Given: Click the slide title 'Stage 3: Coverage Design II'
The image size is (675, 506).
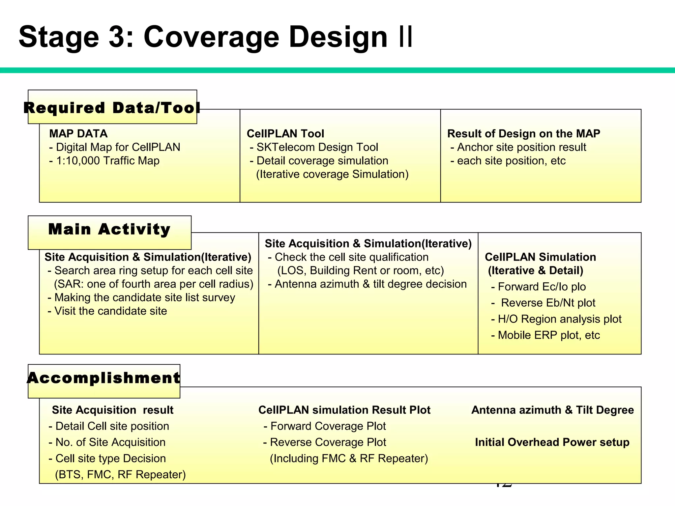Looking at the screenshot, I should [x=216, y=37].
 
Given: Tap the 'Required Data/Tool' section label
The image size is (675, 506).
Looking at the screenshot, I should [x=112, y=108].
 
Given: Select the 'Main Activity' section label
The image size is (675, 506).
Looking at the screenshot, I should [x=109, y=229].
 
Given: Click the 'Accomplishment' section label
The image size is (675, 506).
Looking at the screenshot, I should [x=104, y=378].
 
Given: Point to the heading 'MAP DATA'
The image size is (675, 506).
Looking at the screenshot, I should [x=78, y=133].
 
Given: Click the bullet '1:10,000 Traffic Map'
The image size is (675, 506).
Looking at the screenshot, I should [x=104, y=161].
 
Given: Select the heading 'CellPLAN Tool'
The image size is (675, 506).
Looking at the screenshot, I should [x=285, y=133].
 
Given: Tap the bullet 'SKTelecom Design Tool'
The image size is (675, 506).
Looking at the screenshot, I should [x=314, y=147].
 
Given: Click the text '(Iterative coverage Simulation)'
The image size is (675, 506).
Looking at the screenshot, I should [x=332, y=174].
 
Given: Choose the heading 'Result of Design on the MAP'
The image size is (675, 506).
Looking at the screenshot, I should [x=523, y=133].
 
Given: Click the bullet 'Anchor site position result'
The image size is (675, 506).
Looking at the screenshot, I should [x=518, y=147].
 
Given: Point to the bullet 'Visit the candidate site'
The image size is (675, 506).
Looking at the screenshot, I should [x=107, y=311].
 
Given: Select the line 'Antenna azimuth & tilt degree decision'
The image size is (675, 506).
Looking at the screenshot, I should [x=367, y=284].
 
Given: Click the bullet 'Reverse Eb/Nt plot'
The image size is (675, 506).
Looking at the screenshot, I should [x=544, y=303].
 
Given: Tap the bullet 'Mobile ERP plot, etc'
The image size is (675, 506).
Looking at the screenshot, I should [x=546, y=335].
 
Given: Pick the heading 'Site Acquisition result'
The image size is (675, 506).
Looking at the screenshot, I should [x=112, y=410].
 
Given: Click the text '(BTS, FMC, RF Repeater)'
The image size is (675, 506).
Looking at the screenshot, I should [x=120, y=475].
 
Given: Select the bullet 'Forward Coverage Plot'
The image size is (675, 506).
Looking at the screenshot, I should [x=325, y=426].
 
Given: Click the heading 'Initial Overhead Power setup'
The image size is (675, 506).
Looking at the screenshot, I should [x=552, y=442].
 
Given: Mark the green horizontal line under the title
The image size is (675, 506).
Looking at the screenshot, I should [x=337, y=70].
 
